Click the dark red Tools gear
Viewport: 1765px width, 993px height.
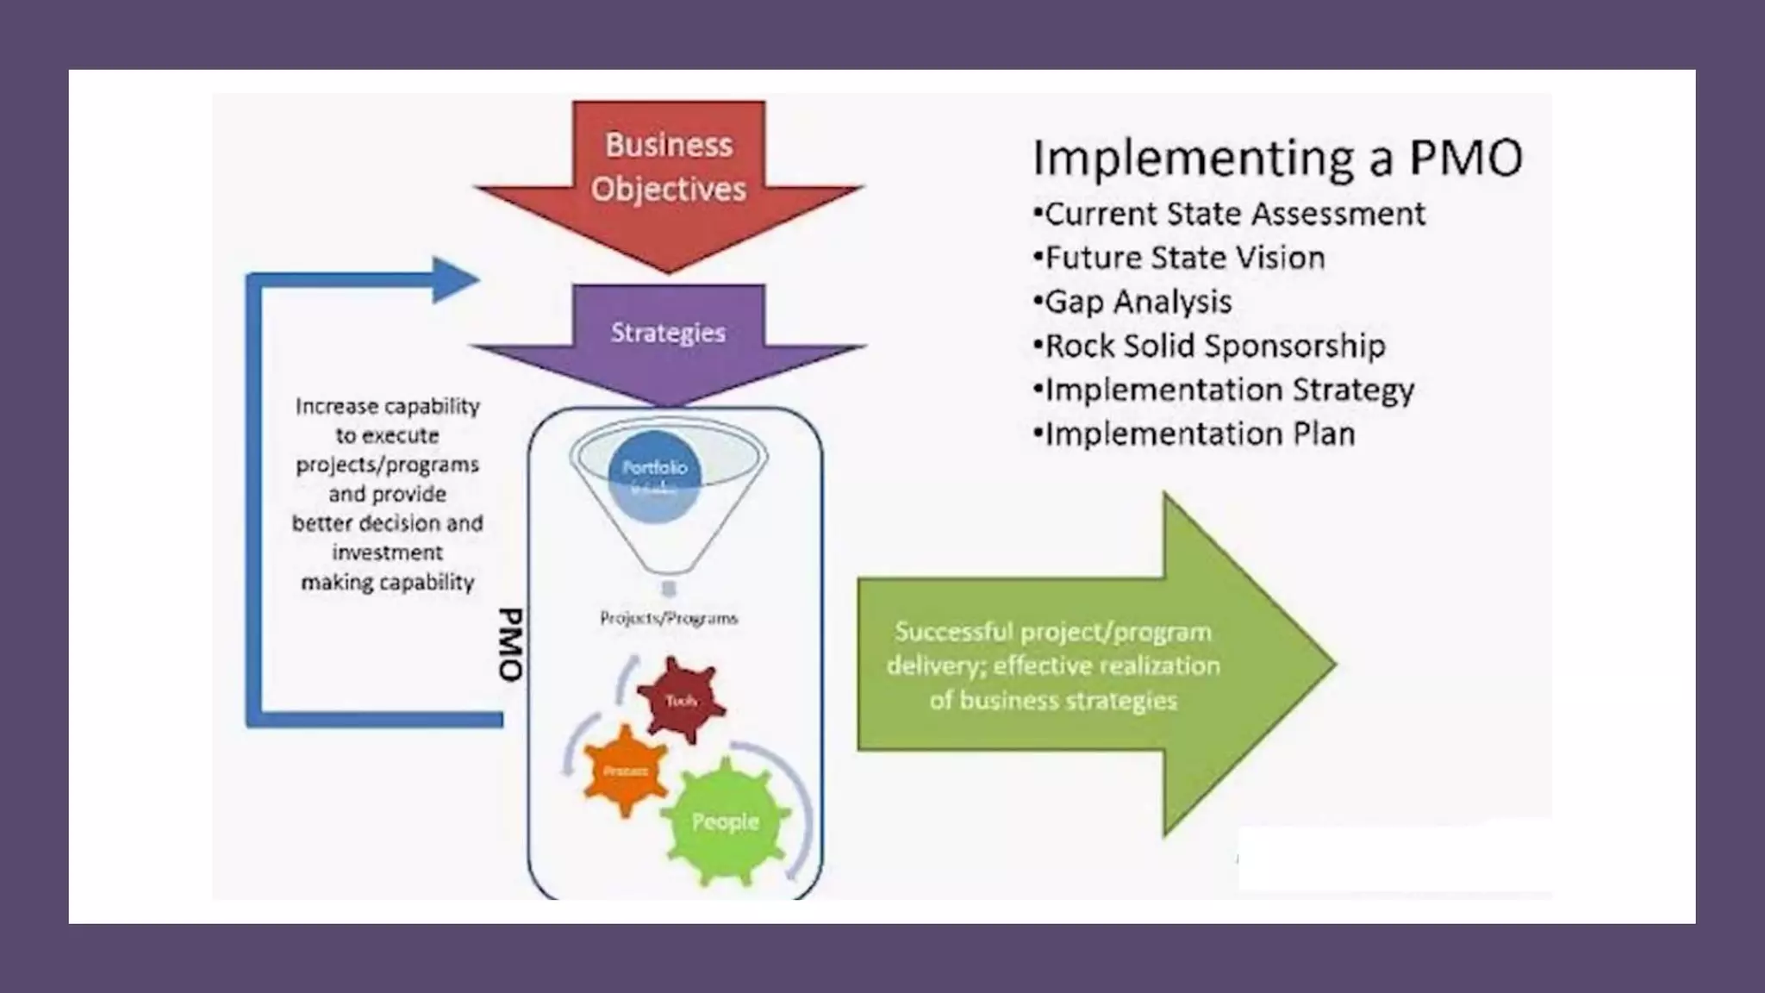click(681, 700)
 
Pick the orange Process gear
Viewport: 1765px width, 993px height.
click(626, 770)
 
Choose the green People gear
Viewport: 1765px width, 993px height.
click(726, 821)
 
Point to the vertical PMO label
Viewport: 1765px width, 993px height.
click(511, 645)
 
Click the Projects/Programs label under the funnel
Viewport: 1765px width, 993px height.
click(669, 618)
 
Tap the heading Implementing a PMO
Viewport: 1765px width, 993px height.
click(1277, 159)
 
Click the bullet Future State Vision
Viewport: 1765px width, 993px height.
click(1180, 258)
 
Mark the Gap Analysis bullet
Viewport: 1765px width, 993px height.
click(1133, 302)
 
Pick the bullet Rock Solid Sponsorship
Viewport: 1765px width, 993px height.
click(1210, 346)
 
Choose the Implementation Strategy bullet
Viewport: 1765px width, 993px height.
click(1225, 390)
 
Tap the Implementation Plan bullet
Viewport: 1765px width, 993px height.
click(1195, 434)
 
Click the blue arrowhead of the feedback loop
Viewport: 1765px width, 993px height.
click(453, 279)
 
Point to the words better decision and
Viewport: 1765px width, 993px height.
click(387, 523)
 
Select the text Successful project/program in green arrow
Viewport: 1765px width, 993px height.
click(1053, 632)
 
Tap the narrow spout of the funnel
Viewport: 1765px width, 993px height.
click(669, 588)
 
